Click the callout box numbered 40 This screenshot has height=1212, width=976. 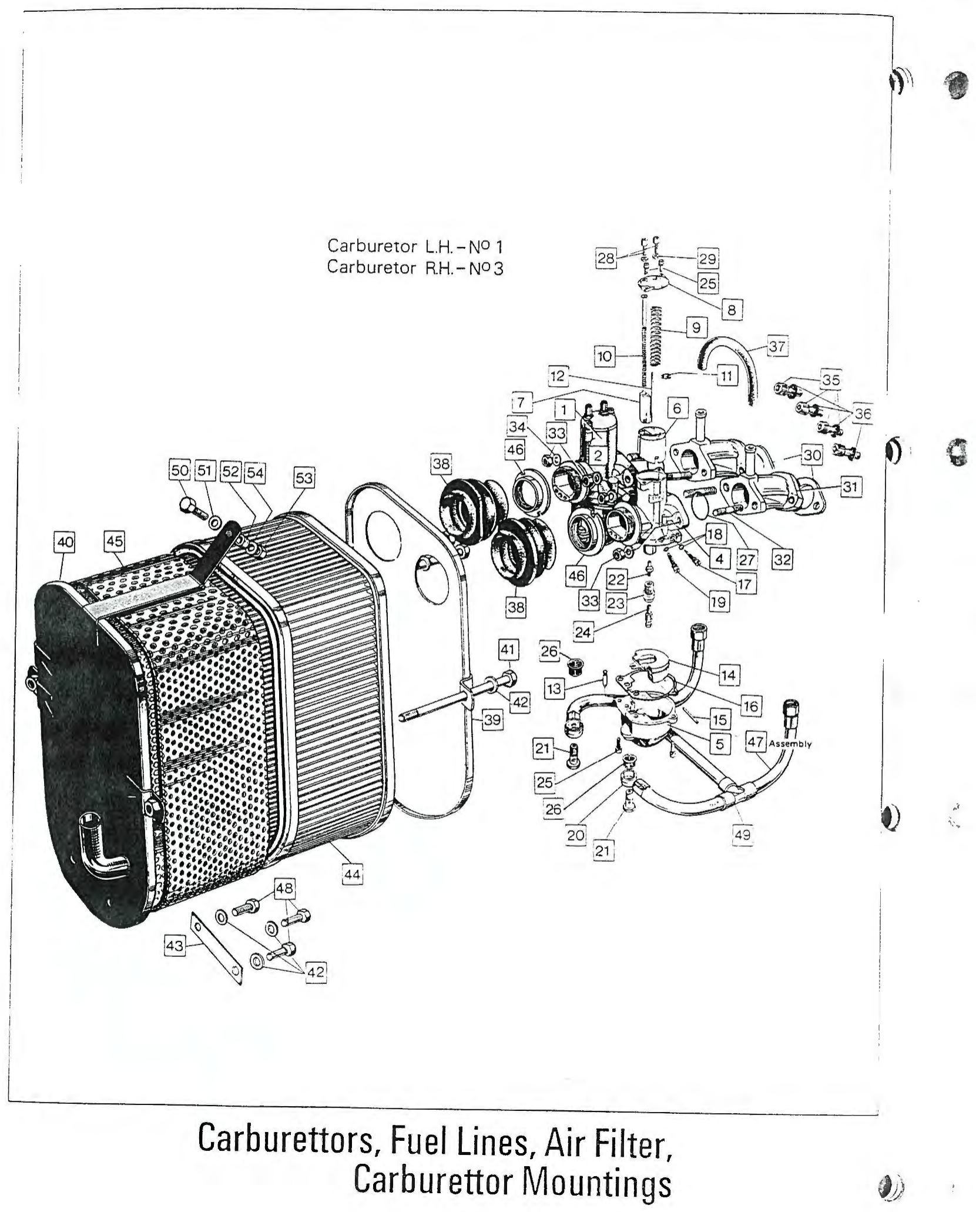[x=65, y=542]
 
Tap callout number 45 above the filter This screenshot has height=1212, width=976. [x=115, y=541]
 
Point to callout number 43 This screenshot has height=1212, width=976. [x=175, y=945]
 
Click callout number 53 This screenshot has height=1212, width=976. [x=304, y=478]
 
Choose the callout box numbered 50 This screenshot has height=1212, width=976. [x=180, y=470]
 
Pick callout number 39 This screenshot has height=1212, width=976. [x=492, y=719]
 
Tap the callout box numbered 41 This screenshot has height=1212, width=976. [x=508, y=650]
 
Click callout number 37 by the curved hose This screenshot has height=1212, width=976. [x=777, y=346]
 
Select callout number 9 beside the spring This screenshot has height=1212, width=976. [x=696, y=327]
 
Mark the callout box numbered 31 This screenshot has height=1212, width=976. [x=850, y=486]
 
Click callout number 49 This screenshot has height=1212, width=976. [x=743, y=835]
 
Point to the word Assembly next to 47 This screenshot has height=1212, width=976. [x=790, y=744]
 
